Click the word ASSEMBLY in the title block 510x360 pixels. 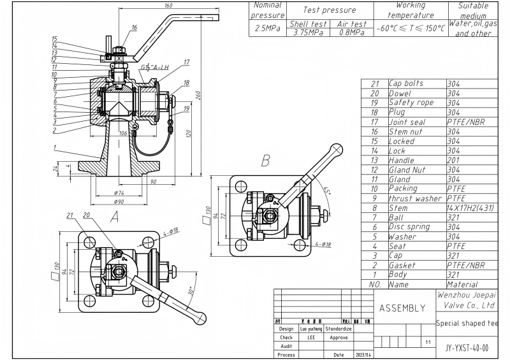402,308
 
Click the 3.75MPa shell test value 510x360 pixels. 308,32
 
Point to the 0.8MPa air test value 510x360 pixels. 352,32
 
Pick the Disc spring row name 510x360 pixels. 409,227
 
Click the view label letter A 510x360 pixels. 115,216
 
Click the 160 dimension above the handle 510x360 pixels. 168,6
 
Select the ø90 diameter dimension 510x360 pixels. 119,201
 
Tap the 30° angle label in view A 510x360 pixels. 191,291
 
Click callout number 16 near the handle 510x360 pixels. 134,27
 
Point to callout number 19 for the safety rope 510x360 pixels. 186,108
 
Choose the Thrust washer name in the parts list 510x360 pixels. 415,198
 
